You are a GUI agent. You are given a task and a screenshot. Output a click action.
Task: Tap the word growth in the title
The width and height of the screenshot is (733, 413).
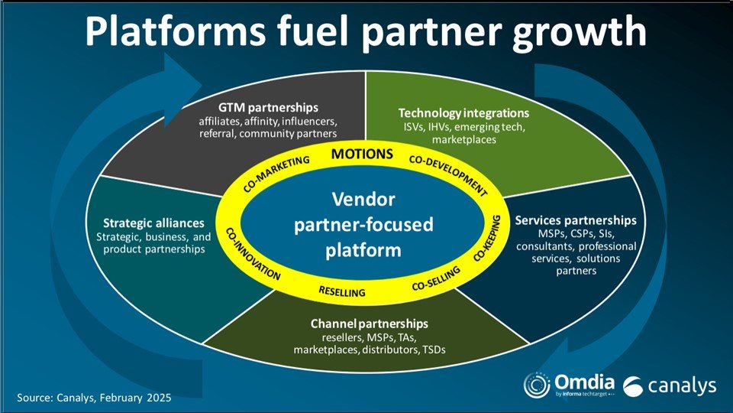[x=580, y=32]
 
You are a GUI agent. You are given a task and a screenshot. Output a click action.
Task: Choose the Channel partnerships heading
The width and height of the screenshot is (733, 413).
[x=370, y=324]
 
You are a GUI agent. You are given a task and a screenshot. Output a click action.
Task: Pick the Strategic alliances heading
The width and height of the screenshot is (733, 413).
[x=153, y=223]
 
